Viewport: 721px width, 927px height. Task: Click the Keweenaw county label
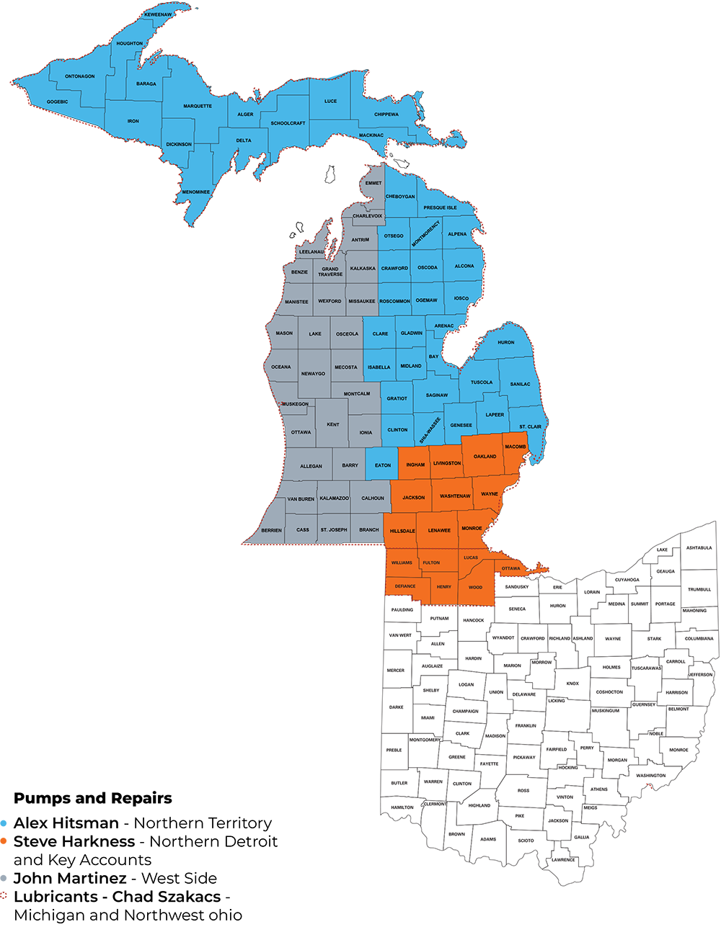157,14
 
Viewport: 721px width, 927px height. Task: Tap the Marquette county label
198,106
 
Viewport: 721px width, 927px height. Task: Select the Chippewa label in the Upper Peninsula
386,115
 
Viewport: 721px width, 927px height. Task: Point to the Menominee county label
195,192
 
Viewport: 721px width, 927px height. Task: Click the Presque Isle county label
440,207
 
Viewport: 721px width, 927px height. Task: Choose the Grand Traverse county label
332,272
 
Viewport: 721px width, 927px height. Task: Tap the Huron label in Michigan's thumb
506,342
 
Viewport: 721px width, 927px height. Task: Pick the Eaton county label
383,465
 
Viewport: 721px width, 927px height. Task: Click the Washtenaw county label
455,496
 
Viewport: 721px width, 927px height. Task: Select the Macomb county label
516,447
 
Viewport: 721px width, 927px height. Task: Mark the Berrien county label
272,529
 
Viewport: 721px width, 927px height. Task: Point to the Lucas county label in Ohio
471,557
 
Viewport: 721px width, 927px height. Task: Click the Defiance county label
405,586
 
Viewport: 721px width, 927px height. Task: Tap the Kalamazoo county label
334,498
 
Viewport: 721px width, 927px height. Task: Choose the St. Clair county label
530,426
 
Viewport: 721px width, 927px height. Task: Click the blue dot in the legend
4,823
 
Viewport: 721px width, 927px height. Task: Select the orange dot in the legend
4,841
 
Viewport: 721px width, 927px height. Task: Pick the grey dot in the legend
4,877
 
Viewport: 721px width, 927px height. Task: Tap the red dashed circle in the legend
4,895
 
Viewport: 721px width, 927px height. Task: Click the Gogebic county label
58,102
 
